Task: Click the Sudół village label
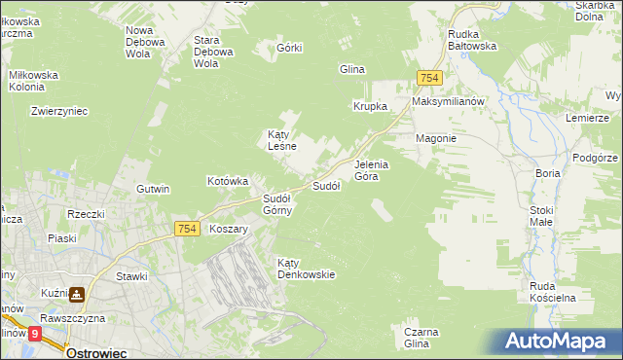[x=325, y=185]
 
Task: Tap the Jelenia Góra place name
[x=371, y=170]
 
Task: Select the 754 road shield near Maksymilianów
[x=429, y=78]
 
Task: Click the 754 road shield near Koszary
[x=188, y=229]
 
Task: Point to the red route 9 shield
[x=35, y=334]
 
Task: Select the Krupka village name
[x=370, y=106]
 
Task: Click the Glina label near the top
[x=350, y=69]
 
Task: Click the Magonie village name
[x=436, y=138]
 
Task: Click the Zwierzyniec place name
[x=59, y=111]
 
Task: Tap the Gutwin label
[x=153, y=189]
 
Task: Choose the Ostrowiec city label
[x=98, y=353]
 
